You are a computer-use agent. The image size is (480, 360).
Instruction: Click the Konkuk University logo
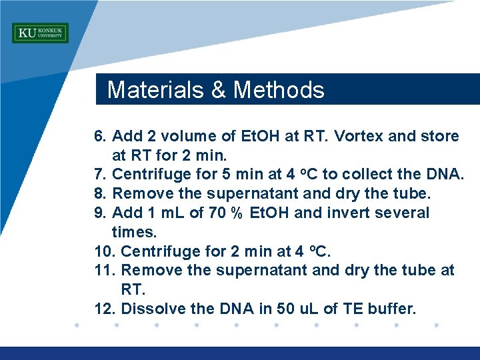[40, 33]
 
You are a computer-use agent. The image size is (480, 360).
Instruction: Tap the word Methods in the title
[279, 90]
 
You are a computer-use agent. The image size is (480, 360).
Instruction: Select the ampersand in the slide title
[219, 90]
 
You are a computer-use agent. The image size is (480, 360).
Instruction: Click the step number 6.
[100, 137]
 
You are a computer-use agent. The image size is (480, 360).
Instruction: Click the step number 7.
[100, 175]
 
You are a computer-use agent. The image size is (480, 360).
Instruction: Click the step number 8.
[100, 194]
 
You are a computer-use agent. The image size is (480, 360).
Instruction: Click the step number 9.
[100, 213]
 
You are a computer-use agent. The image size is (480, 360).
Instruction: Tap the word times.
[134, 232]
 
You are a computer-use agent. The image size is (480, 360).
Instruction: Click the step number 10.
[105, 251]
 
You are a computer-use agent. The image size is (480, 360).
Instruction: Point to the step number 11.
[105, 271]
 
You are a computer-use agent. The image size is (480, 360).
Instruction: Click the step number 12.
[105, 309]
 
